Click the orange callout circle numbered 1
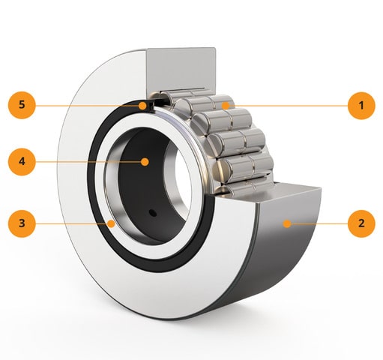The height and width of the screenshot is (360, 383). tap(361, 106)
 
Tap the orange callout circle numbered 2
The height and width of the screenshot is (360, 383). tap(361, 223)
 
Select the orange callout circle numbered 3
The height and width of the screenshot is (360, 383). tap(22, 223)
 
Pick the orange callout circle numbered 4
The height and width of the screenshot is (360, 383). tap(22, 162)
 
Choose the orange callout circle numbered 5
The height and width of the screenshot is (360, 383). tap(22, 105)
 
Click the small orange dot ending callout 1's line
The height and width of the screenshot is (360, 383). tap(226, 106)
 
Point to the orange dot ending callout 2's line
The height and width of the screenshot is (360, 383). tap(287, 223)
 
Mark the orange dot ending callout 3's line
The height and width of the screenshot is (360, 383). tap(111, 223)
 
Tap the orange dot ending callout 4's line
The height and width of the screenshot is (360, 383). tap(145, 162)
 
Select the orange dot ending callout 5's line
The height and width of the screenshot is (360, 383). tap(142, 106)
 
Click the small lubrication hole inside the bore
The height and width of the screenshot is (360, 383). tap(153, 213)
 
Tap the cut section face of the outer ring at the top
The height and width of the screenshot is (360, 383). tap(181, 69)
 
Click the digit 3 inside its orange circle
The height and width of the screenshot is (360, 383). tap(22, 223)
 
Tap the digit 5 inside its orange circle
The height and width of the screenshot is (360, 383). tap(22, 105)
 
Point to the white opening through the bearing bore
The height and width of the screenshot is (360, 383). tap(182, 172)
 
